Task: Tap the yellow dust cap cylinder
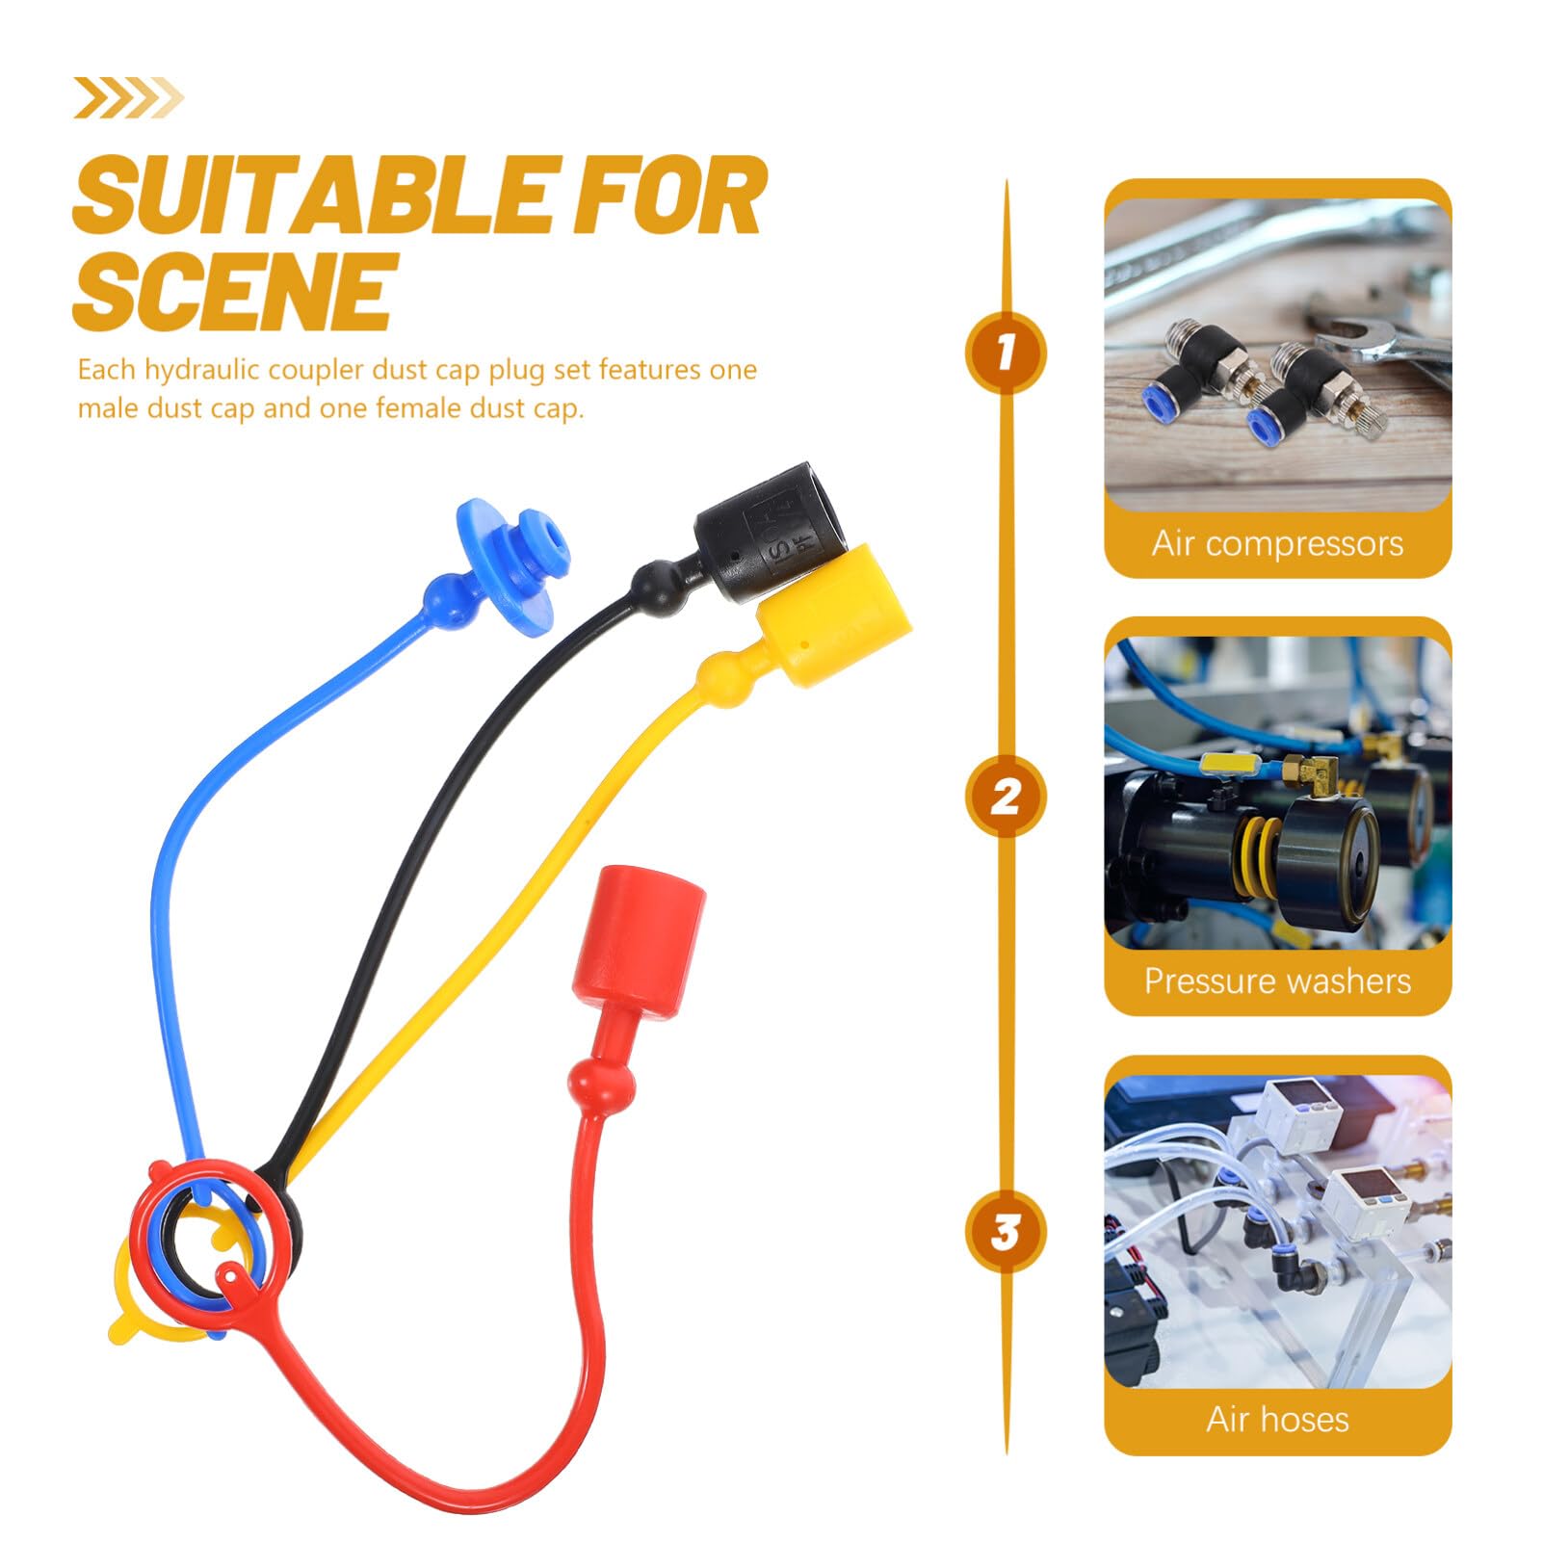pos(834,615)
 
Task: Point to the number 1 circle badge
pos(1006,353)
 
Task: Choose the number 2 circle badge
pos(1006,797)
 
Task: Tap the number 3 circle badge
pos(1006,1232)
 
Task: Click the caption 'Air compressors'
pos(1277,544)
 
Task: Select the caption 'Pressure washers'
pos(1277,981)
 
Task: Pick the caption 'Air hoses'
pos(1277,1419)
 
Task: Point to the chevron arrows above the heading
pos(128,97)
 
